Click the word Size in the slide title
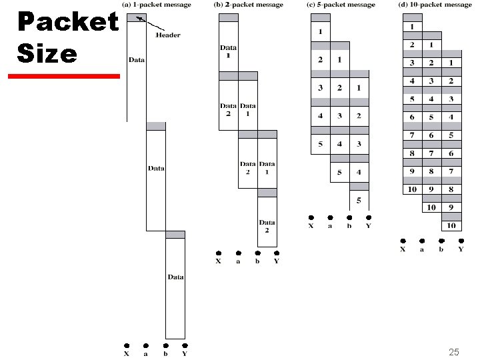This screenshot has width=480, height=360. coord(47,53)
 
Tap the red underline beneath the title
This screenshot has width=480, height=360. coord(64,77)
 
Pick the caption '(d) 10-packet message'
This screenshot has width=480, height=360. coord(435,5)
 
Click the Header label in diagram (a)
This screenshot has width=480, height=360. coord(168,35)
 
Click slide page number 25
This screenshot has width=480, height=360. coord(455,351)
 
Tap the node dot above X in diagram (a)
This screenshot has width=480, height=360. coord(127,345)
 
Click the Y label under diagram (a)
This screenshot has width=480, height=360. coord(185,354)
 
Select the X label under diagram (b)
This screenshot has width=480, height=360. coord(218,261)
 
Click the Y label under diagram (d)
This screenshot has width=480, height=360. coord(460,249)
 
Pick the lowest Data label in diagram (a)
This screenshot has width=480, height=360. coord(175,277)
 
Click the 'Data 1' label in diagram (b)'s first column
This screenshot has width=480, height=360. coord(228,51)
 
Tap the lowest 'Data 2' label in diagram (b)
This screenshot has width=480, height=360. coord(267,227)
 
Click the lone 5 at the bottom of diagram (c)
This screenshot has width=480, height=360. coord(358,200)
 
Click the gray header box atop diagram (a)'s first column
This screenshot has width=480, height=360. coord(136,17)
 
